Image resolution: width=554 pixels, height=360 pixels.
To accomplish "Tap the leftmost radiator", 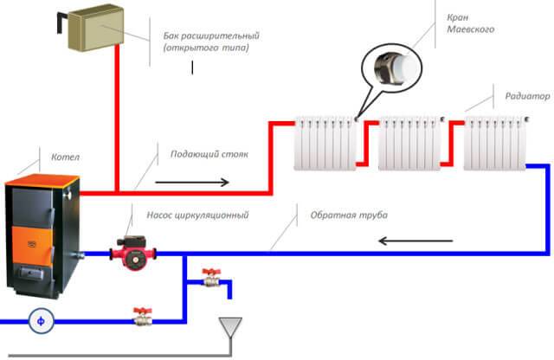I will (325, 143).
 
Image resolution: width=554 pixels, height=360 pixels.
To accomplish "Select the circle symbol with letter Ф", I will (39, 321).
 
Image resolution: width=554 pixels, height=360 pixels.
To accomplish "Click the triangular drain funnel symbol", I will (229, 327).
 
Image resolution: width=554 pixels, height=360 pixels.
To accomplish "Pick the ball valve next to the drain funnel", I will (209, 279).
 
